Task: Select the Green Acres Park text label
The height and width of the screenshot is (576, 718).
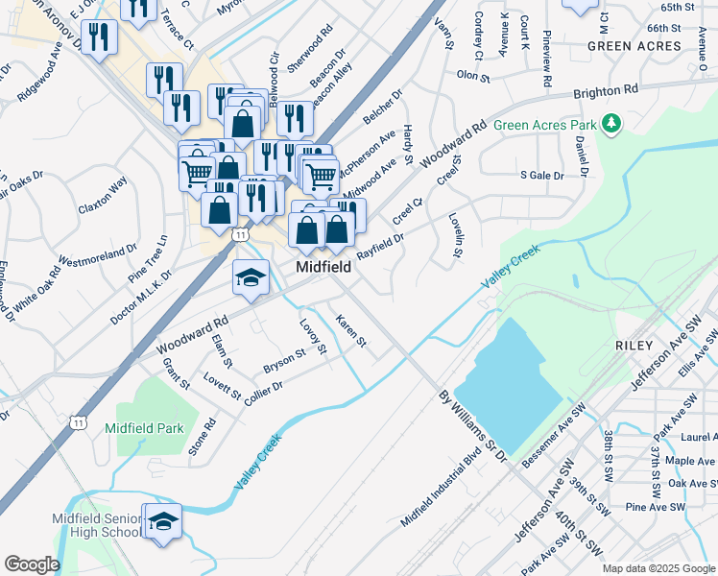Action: point(543,125)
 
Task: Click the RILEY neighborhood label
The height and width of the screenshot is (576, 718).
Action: point(634,345)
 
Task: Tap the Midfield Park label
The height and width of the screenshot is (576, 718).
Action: point(143,427)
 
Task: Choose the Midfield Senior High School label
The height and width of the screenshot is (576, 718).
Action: point(95,525)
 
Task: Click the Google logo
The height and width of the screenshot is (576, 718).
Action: point(33,564)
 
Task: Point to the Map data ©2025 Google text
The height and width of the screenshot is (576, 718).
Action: point(658,568)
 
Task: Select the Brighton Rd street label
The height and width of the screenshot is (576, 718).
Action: point(606,92)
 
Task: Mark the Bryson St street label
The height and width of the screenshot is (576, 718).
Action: point(284,361)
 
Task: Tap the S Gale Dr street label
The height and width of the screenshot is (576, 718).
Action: point(541,176)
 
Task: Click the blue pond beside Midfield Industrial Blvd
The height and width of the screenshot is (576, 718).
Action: point(503,384)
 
